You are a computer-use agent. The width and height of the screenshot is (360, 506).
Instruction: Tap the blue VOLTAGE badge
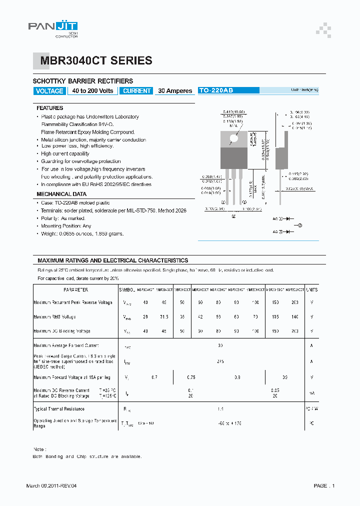(x=49, y=91)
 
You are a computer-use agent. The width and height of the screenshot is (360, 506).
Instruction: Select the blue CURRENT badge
(x=136, y=91)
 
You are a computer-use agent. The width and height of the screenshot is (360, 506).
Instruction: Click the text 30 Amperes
(x=175, y=91)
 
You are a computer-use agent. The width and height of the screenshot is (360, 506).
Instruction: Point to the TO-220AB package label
(x=216, y=90)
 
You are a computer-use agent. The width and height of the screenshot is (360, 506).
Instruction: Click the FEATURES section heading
(x=50, y=108)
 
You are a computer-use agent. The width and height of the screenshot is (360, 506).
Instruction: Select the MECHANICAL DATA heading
(x=61, y=194)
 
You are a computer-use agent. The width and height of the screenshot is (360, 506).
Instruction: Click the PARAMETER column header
(x=75, y=289)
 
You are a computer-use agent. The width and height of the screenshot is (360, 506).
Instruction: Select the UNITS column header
(x=312, y=289)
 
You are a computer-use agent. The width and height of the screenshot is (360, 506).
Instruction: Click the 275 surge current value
(x=220, y=361)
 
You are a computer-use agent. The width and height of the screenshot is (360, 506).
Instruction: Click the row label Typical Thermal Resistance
(x=59, y=409)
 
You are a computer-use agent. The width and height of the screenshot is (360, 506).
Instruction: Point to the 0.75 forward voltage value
(x=191, y=377)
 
